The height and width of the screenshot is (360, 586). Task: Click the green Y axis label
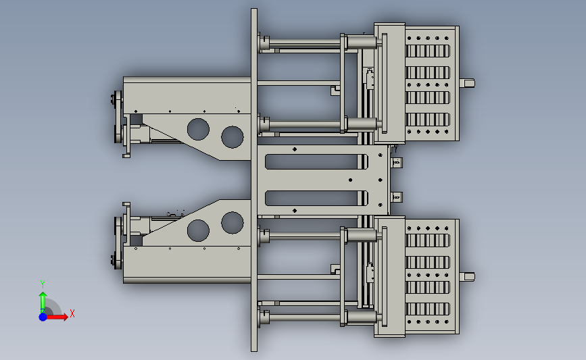pyautogui.click(x=43, y=284)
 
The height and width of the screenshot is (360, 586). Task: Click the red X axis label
pyautogui.click(x=72, y=313)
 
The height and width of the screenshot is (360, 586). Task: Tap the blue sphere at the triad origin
pyautogui.click(x=43, y=317)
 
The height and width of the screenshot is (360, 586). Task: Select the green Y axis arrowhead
pyautogui.click(x=43, y=295)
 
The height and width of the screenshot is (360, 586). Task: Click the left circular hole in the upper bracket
pyautogui.click(x=198, y=129)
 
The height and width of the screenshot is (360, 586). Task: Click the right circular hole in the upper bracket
pyautogui.click(x=233, y=136)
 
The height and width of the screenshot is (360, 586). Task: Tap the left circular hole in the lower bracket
pyautogui.click(x=198, y=230)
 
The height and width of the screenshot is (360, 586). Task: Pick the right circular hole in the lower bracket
pyautogui.click(x=233, y=223)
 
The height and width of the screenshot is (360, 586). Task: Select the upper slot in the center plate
pyautogui.click(x=316, y=161)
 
